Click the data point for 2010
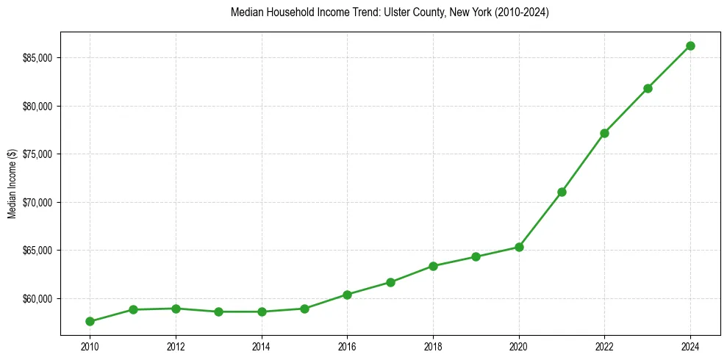tap(90, 321)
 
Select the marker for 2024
tap(690, 46)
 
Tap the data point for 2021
tap(562, 192)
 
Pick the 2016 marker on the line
tap(347, 295)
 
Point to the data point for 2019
tap(476, 256)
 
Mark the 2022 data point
tap(604, 133)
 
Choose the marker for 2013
tap(218, 312)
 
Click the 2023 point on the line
tap(648, 88)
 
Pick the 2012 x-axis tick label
tap(176, 346)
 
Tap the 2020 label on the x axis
tap(519, 346)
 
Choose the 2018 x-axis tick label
tap(433, 346)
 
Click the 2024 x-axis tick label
tap(690, 346)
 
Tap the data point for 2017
tap(390, 282)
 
